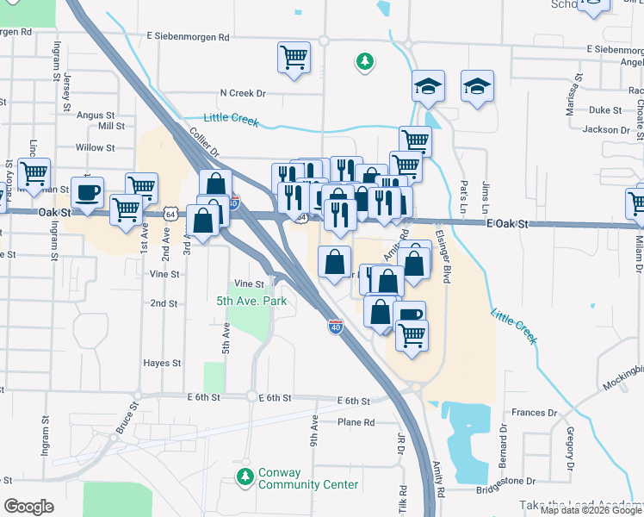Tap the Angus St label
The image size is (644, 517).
tap(96, 115)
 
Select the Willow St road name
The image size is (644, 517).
tap(95, 148)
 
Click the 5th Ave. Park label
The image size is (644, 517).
tap(251, 301)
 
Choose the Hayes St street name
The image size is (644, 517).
tap(162, 364)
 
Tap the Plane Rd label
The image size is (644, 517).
tap(356, 422)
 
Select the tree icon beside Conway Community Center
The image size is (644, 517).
tap(245, 476)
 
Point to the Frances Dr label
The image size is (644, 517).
tap(529, 414)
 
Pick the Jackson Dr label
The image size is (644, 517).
tap(606, 130)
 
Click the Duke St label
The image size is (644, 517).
tap(605, 110)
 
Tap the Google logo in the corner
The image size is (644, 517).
tap(28, 507)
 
